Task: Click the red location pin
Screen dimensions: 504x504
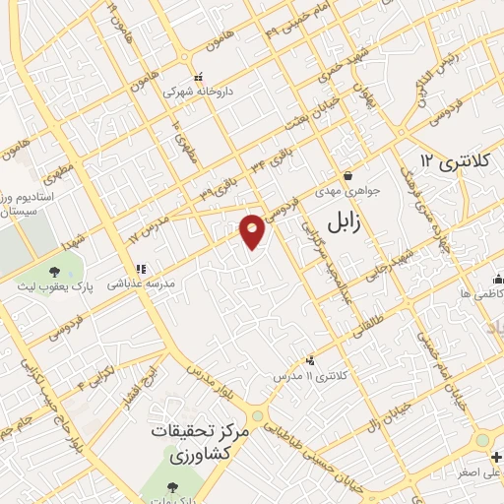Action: (x=253, y=231)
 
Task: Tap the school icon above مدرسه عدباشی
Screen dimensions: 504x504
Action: (x=141, y=268)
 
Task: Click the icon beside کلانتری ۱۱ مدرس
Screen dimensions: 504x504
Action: (x=311, y=360)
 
